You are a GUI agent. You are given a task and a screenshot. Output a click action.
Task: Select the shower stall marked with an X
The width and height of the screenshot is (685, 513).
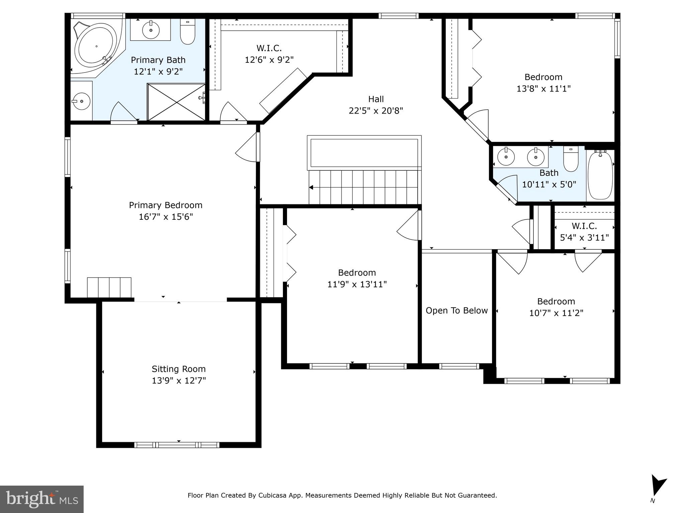coord(176,102)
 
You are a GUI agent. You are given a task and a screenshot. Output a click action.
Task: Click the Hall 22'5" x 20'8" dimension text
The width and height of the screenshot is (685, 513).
coord(376,111)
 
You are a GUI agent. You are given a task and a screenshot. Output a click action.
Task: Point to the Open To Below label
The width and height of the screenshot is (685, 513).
coord(457,311)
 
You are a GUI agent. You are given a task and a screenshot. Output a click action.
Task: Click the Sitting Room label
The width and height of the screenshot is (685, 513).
coord(179,369)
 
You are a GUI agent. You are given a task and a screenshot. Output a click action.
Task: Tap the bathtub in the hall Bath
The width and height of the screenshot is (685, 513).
coord(600,174)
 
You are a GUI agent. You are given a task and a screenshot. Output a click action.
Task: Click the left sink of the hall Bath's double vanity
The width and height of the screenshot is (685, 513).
coord(506,157)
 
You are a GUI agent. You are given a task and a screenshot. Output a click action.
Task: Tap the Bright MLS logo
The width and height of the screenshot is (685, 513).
coord(41,499)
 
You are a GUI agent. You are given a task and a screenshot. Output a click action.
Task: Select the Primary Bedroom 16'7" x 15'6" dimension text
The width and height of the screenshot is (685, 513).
coord(166,217)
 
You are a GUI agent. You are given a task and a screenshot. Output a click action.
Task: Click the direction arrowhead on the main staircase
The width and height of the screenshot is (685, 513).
coord(311,187)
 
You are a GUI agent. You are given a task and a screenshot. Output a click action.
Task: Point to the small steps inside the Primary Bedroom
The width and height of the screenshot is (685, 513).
coord(109,287)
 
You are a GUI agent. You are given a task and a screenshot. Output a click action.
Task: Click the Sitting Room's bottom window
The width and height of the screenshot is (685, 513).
coord(177,445)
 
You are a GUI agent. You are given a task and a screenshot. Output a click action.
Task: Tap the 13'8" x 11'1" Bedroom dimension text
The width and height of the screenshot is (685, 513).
coord(544,89)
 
